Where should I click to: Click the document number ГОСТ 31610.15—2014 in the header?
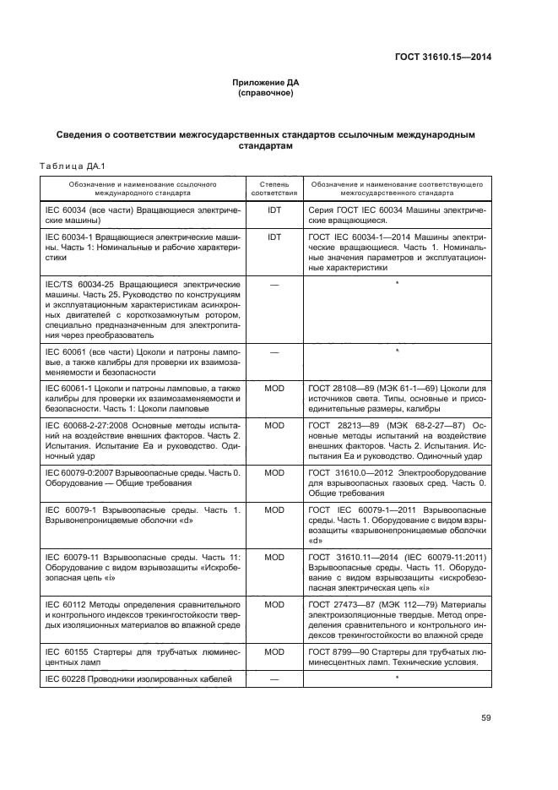click(x=443, y=57)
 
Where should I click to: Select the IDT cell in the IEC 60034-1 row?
click(x=274, y=237)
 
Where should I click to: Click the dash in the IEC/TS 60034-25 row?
click(x=274, y=285)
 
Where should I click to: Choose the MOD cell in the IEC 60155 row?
click(x=274, y=651)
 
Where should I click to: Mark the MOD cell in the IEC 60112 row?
click(x=274, y=605)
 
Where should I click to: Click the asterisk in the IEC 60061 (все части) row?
click(x=396, y=349)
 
